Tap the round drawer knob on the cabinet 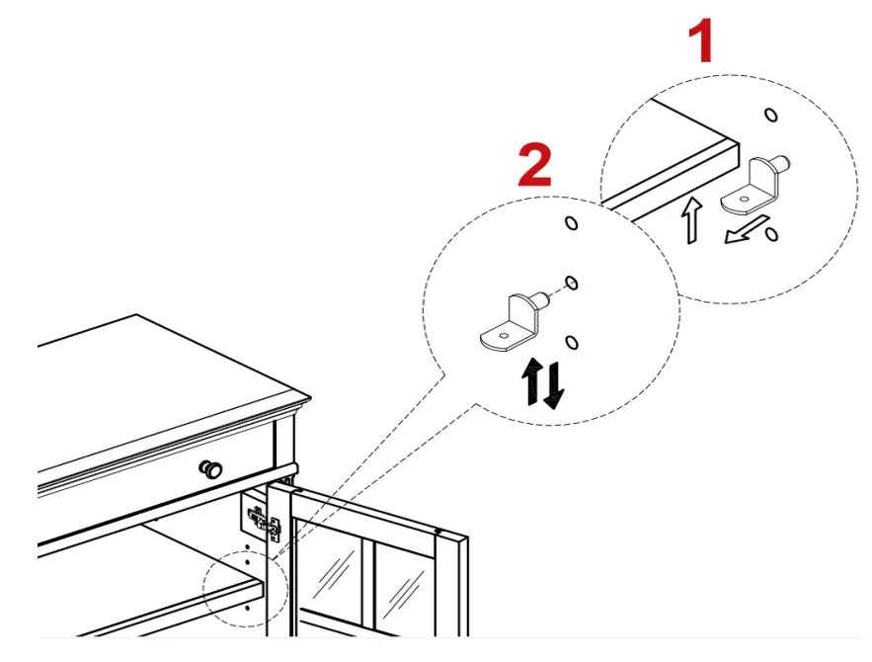tap(211, 469)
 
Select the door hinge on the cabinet tap(262, 520)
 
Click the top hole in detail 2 tap(571, 222)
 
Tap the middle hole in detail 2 tap(570, 284)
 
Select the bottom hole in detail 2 tap(571, 342)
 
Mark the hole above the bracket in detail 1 tap(771, 116)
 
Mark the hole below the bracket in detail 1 tap(771, 233)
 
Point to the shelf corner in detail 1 tap(735, 144)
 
